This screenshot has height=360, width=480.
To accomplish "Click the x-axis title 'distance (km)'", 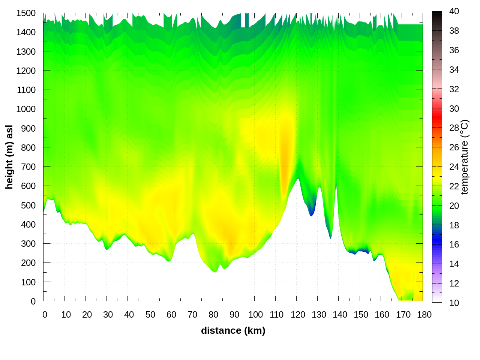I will [x=233, y=330].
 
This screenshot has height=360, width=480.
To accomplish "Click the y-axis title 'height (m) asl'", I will [x=9, y=157].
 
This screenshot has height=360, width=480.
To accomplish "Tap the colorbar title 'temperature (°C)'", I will [x=465, y=157].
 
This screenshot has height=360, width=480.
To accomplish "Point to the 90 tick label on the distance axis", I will [x=234, y=315].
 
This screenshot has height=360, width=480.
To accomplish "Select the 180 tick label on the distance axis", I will [x=424, y=315].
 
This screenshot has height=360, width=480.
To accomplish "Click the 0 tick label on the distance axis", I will [x=45, y=315].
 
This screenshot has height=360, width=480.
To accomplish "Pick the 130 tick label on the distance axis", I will [x=319, y=315].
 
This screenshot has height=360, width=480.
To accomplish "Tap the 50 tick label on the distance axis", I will [x=150, y=315].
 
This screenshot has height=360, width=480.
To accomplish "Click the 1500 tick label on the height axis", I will [x=26, y=13].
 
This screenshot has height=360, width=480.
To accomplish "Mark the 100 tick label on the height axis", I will [x=28, y=282].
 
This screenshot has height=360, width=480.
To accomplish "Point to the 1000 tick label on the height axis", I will [x=26, y=109].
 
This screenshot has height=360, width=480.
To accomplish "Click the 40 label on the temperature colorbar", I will [x=454, y=11].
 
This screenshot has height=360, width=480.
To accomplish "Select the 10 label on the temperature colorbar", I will [x=454, y=303].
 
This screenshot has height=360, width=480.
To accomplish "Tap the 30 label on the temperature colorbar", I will [x=454, y=109].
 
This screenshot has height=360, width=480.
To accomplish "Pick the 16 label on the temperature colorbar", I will [x=454, y=244].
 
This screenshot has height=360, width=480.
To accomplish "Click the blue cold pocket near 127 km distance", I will [x=311, y=210].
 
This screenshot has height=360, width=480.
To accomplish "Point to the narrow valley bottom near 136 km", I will [x=330, y=236].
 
